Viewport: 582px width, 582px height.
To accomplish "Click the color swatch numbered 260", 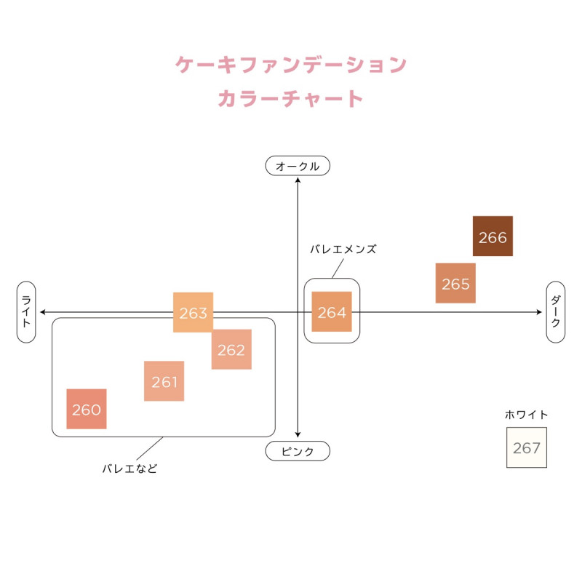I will [87, 409].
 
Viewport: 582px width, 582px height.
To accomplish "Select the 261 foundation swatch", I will [164, 381].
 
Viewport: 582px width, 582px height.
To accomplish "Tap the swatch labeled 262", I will [231, 349].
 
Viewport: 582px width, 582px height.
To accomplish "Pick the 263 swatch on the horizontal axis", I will [193, 312].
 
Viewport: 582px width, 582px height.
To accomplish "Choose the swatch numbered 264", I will [332, 312].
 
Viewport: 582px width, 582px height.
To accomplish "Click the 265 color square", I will [455, 283].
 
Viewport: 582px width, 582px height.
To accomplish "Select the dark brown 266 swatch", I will [493, 236].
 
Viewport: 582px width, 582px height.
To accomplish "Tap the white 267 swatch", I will [527, 447].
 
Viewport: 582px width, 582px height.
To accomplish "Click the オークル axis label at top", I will [298, 166].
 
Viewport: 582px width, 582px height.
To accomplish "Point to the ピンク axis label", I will [298, 451].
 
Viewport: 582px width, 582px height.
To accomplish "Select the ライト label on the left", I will [26, 312].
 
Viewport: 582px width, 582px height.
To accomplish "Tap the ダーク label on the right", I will [556, 312].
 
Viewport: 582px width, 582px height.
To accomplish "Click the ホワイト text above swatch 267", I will [527, 415].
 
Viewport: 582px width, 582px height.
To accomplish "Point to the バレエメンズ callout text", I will [343, 249].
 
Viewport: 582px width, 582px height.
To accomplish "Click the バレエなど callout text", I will [129, 469].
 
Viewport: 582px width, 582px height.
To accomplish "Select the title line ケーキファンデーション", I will [291, 65].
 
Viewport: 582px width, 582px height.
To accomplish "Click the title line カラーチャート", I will [291, 98].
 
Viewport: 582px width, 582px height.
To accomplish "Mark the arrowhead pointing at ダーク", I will [539, 312].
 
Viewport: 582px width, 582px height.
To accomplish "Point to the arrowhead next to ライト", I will [44, 312].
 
